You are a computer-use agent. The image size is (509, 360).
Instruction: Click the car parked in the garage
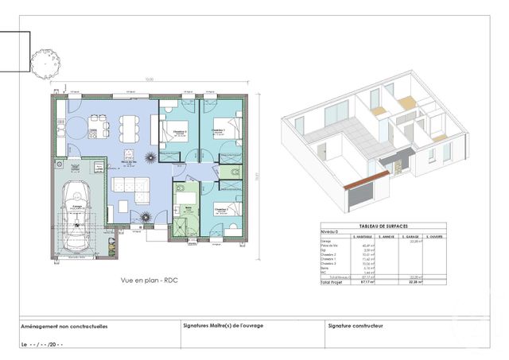click(x=77, y=214)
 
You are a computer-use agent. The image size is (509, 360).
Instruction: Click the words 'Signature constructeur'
click(x=356, y=326)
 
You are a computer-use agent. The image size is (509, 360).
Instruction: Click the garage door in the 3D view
click(x=363, y=192)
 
